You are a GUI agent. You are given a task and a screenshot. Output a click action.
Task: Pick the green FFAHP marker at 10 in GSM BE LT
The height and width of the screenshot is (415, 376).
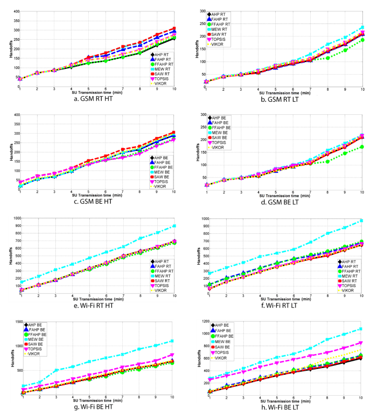(362, 147)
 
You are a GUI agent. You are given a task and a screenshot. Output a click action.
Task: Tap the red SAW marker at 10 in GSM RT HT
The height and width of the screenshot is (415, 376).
(174, 28)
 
